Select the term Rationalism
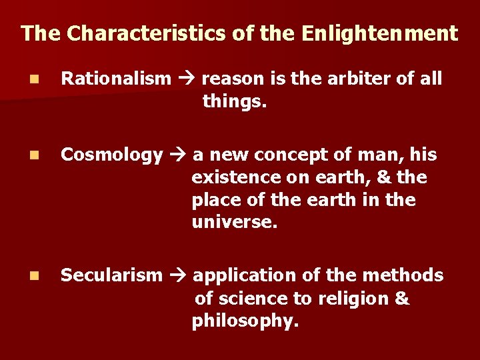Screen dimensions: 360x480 [116, 79]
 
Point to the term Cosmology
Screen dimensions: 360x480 [111, 155]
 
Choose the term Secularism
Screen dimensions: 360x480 [111, 275]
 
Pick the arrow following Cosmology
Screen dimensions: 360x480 [178, 155]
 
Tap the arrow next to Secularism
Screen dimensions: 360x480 [178, 275]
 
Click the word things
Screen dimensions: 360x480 [234, 101]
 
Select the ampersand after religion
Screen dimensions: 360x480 [402, 299]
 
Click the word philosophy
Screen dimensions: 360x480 [245, 321]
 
